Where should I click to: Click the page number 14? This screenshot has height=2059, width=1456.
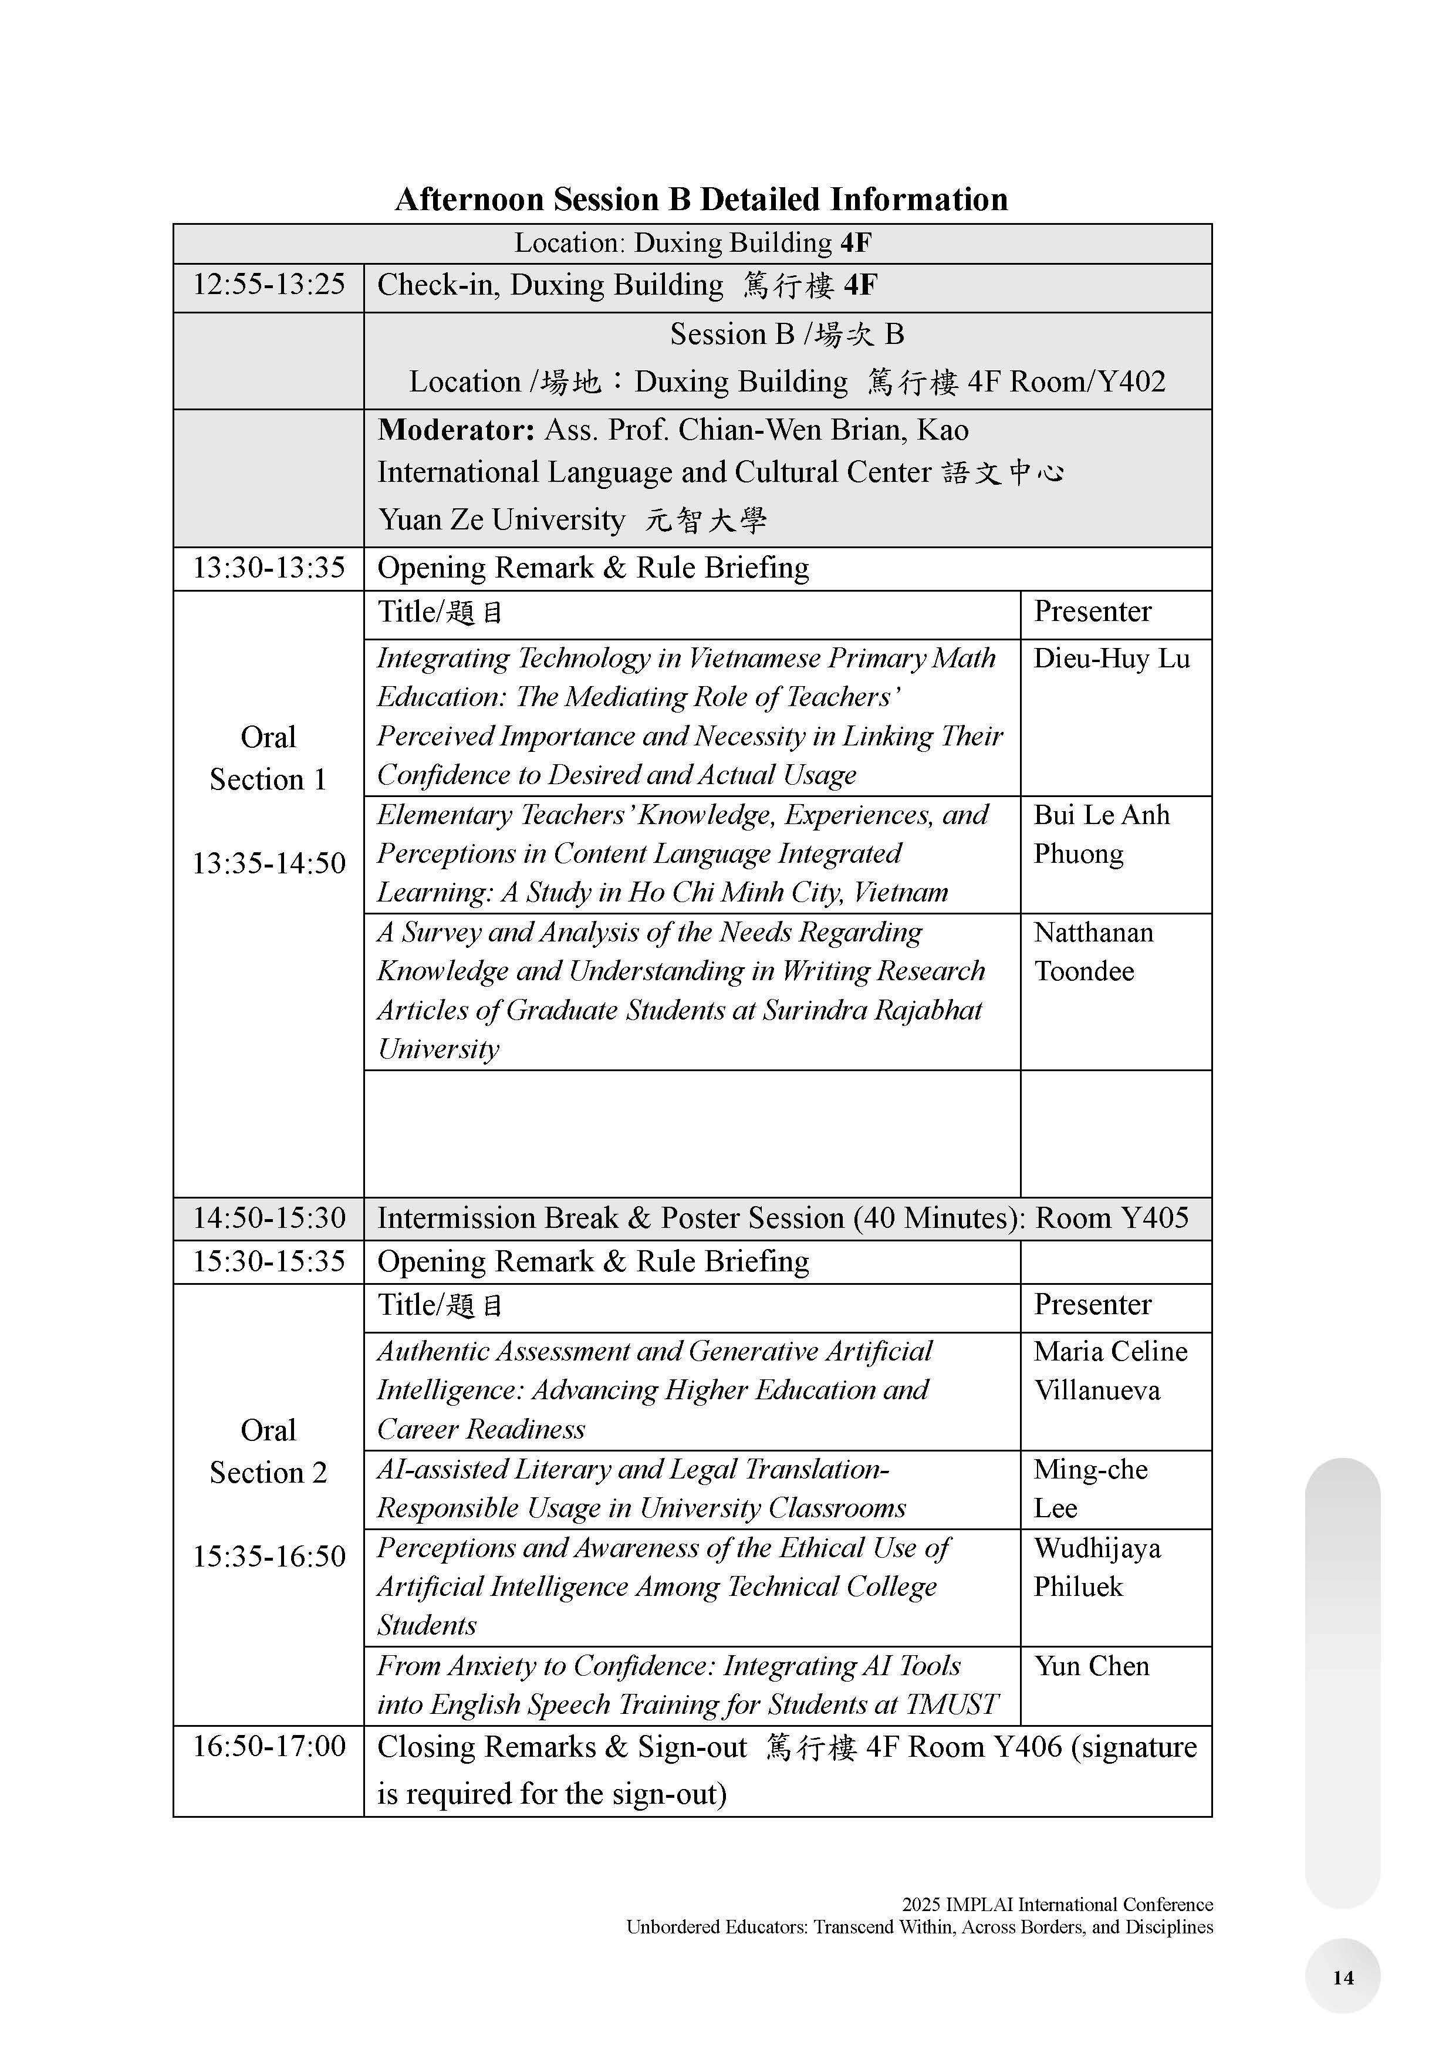pyautogui.click(x=1342, y=1977)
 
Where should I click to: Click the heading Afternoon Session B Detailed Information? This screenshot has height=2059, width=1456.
pyautogui.click(x=701, y=199)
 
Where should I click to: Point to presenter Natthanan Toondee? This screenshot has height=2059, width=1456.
pyautogui.click(x=1094, y=951)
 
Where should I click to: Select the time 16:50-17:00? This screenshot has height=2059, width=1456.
pyautogui.click(x=269, y=1746)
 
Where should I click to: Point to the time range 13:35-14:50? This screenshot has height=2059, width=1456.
pyautogui.click(x=269, y=863)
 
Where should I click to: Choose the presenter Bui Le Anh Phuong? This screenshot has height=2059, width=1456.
pyautogui.click(x=1101, y=834)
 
